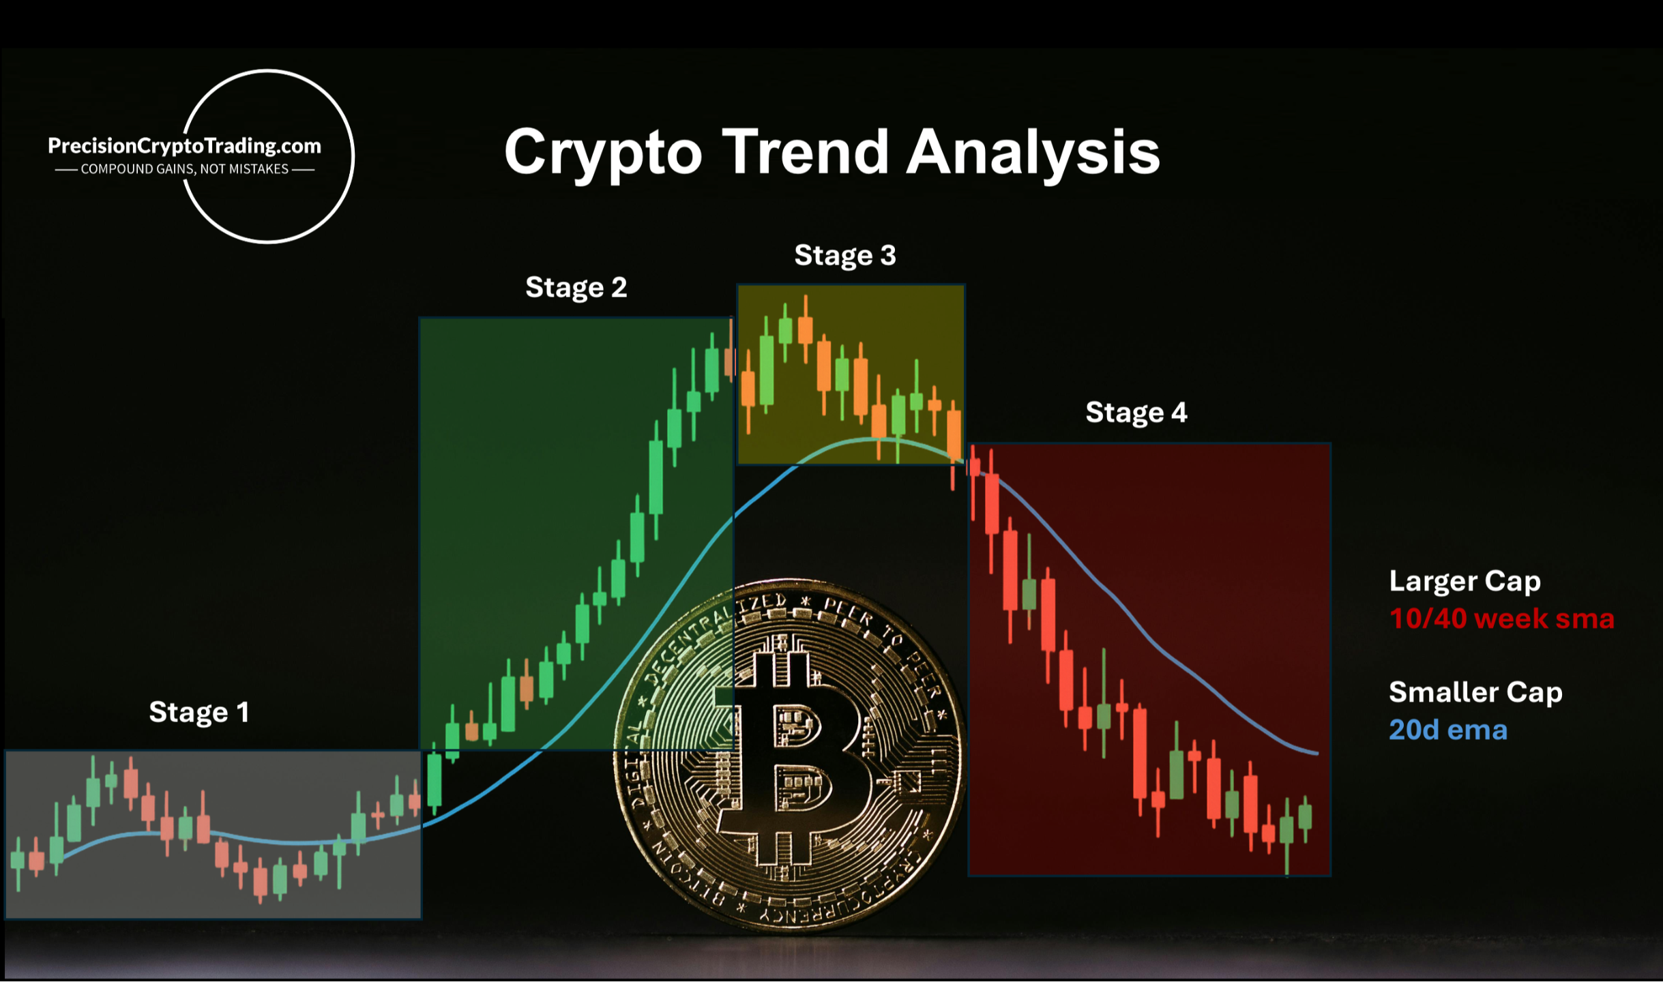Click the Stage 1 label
click(x=198, y=713)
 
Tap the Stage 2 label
click(x=576, y=287)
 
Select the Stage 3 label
click(x=845, y=256)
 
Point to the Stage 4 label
click(x=1136, y=413)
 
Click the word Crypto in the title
click(x=603, y=153)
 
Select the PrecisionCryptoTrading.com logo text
click(x=184, y=146)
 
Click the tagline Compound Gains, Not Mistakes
click(x=184, y=169)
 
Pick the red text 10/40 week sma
click(x=1502, y=619)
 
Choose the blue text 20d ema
click(x=1448, y=730)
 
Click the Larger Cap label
click(x=1465, y=582)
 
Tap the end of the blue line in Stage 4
click(x=1317, y=754)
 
